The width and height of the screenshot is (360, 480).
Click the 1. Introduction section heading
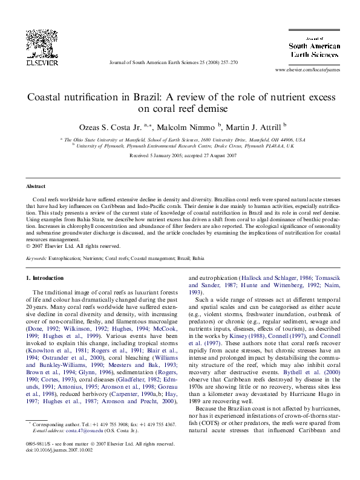tap(47, 278)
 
